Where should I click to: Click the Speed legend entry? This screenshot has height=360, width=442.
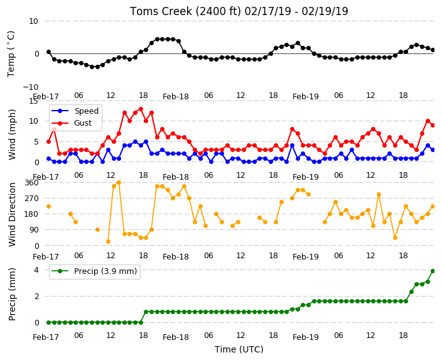(75, 111)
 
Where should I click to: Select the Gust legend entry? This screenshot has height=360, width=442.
(72, 123)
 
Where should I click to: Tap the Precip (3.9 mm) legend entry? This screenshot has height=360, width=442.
(94, 271)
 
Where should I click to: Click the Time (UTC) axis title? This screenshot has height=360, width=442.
(239, 349)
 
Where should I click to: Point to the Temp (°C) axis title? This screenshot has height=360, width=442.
(11, 54)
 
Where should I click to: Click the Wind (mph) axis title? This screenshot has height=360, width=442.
(12, 134)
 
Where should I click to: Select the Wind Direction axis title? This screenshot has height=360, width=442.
(12, 215)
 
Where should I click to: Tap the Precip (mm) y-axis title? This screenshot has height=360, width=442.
(12, 294)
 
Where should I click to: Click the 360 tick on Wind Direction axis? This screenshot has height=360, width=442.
(31, 183)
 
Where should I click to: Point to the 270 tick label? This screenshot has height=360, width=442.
(31, 199)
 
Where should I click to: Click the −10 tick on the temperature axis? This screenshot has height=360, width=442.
(30, 87)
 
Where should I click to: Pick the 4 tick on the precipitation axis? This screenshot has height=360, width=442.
(36, 270)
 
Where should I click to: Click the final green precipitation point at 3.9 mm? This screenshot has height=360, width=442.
(433, 271)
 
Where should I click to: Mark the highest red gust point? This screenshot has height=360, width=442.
(141, 109)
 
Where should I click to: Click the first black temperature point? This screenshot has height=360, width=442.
(49, 52)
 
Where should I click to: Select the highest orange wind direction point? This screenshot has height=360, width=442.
(119, 183)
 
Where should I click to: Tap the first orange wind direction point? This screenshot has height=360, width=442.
(49, 207)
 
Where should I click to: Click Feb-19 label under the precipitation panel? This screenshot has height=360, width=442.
(306, 337)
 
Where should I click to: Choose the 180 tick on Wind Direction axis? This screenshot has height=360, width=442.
(31, 214)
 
